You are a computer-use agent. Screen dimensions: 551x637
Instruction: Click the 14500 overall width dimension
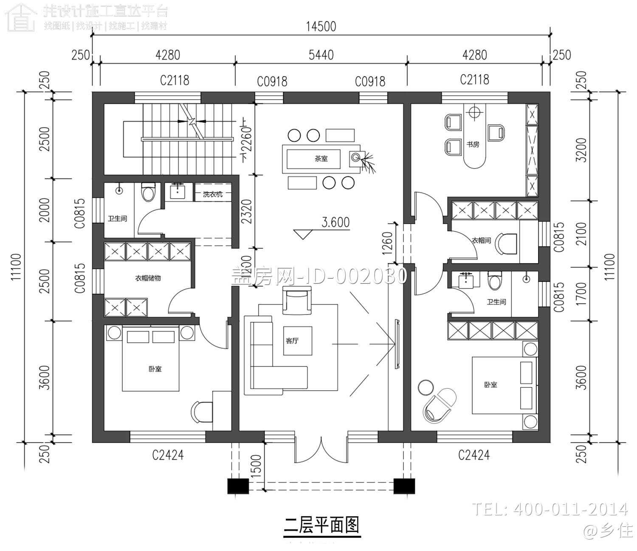321,26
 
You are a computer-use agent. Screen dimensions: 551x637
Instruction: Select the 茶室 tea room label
321,159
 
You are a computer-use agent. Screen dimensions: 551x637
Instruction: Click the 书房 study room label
473,144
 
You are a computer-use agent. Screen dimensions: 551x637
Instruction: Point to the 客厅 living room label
292,341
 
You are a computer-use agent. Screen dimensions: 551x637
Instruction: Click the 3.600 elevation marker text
335,222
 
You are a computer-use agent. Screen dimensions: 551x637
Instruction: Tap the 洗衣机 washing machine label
212,195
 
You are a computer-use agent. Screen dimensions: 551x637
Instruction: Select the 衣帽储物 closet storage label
148,278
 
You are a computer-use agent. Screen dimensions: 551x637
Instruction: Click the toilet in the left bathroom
148,192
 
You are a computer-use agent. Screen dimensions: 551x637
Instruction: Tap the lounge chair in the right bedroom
440,404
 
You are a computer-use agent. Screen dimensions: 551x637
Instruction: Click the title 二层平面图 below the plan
321,525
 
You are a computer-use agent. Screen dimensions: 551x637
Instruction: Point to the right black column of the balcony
404,486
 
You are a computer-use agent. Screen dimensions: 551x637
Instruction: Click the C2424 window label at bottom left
168,455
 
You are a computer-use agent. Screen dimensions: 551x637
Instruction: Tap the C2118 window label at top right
474,80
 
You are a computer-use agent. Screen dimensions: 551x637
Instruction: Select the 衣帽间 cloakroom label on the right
481,240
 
